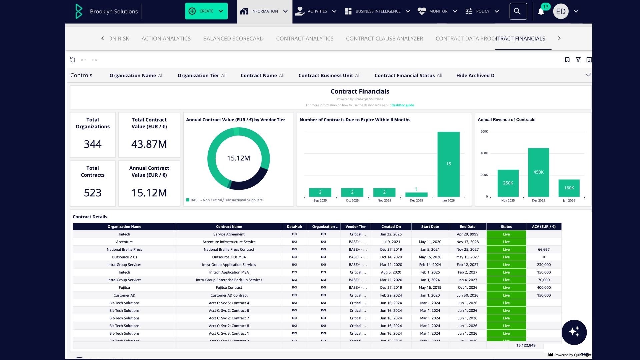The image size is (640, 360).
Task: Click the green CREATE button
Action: pyautogui.click(x=206, y=11)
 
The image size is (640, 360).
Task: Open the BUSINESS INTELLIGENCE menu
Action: pyautogui.click(x=377, y=11)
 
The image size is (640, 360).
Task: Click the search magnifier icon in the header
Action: pyautogui.click(x=518, y=11)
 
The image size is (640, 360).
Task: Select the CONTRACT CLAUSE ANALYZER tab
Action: pyautogui.click(x=384, y=39)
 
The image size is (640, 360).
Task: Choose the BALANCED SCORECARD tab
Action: pyautogui.click(x=233, y=39)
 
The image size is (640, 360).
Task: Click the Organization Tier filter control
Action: pyautogui.click(x=202, y=76)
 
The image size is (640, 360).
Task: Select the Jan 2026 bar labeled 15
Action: pyautogui.click(x=448, y=164)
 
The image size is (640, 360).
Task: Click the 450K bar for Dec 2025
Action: pyautogui.click(x=538, y=172)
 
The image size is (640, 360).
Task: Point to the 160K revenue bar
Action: pyautogui.click(x=569, y=188)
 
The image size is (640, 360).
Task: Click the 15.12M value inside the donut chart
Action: pyautogui.click(x=238, y=158)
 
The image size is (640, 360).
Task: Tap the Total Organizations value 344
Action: pyautogui.click(x=93, y=144)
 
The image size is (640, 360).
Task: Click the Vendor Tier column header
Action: pyautogui.click(x=355, y=227)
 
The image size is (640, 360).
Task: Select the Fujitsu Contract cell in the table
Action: pyautogui.click(x=229, y=288)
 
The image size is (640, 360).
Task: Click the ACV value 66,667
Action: pyautogui.click(x=544, y=250)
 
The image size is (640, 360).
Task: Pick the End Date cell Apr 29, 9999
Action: pyautogui.click(x=467, y=234)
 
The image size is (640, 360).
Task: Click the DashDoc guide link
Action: pyautogui.click(x=402, y=105)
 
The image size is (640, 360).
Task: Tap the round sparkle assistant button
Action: pyautogui.click(x=574, y=332)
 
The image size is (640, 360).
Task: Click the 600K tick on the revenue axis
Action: pyautogui.click(x=484, y=132)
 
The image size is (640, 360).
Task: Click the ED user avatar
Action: pyautogui.click(x=561, y=12)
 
